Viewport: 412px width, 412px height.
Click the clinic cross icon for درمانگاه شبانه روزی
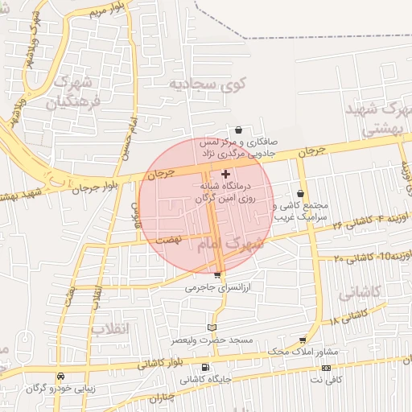point(225,174)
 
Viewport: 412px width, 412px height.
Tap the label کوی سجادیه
point(202,83)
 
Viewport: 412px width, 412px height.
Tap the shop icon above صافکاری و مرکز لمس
point(239,130)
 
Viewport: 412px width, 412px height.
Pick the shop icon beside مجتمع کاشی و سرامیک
point(300,193)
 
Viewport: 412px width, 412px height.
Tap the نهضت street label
point(169,239)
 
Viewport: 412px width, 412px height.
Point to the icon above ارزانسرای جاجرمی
point(217,275)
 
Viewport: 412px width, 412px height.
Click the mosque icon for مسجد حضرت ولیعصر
point(212,327)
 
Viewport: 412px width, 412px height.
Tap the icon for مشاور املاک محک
point(303,340)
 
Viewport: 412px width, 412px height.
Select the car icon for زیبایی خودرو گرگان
point(61,376)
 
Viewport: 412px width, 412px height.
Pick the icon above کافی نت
point(326,367)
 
